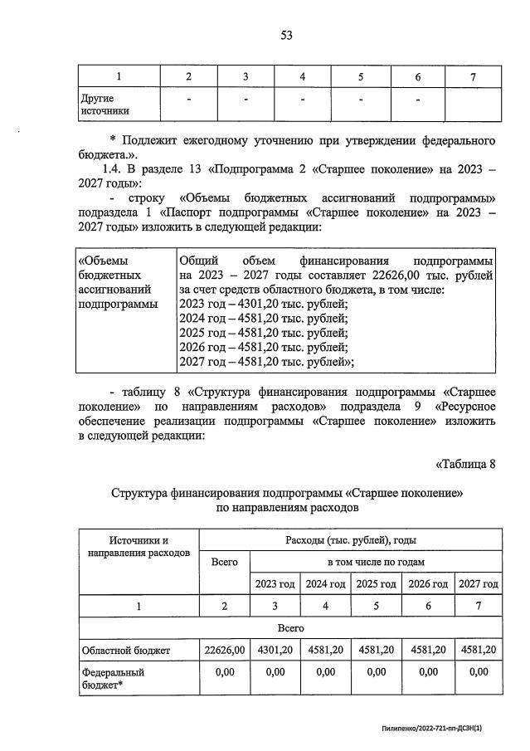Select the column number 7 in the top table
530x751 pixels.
(x=472, y=77)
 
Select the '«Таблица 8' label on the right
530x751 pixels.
(x=464, y=464)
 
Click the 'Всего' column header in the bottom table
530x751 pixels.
(x=225, y=562)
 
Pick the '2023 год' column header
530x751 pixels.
(x=275, y=584)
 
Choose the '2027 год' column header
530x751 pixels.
(x=479, y=584)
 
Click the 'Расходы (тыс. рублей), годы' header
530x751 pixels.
(x=351, y=539)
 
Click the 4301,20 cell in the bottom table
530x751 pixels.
(x=275, y=650)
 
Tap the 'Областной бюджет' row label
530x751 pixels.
(x=125, y=651)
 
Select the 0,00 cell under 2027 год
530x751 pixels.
(x=479, y=672)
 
